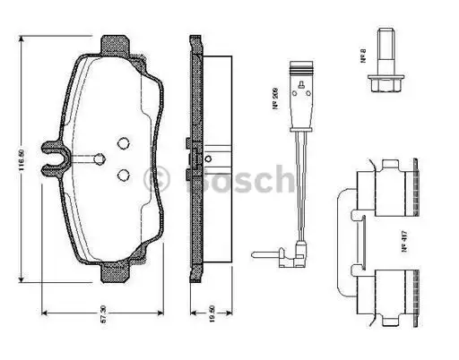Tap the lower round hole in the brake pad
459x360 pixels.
pos(125,175)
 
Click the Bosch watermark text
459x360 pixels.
pos(228,180)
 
